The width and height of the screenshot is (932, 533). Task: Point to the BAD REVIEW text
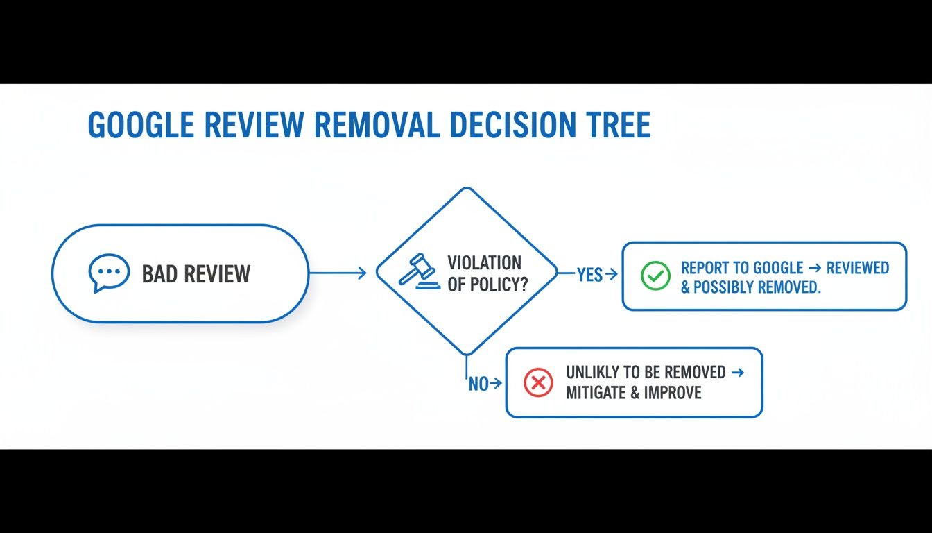[196, 274]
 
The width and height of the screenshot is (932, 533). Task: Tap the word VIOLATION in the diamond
[484, 263]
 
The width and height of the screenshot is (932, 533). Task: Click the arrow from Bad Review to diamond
[338, 273]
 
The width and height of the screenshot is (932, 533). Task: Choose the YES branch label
[589, 276]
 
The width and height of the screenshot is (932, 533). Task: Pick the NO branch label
[478, 384]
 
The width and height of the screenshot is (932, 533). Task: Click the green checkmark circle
[655, 276]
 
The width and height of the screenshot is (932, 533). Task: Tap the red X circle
[538, 382]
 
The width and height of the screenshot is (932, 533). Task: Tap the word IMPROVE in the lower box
[673, 393]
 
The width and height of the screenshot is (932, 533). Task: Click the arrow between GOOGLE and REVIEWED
[813, 268]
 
